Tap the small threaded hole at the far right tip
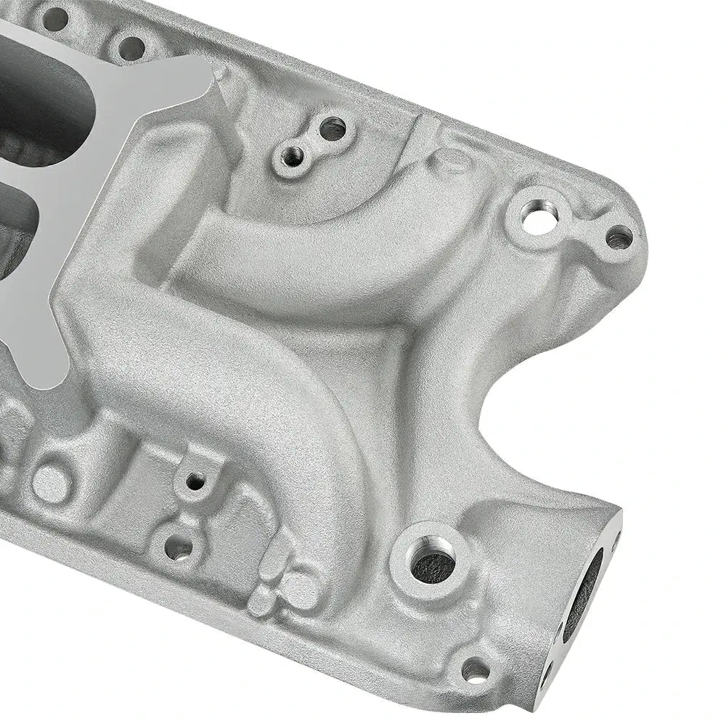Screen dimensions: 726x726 [619, 236]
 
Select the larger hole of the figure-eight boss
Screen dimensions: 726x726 [333, 129]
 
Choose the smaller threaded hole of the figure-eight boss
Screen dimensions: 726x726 [294, 154]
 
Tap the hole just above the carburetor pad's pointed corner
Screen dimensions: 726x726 [131, 49]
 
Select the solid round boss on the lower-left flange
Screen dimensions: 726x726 [50, 479]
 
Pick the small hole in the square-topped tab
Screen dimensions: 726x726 [195, 480]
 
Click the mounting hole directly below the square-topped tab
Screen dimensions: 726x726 [179, 547]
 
